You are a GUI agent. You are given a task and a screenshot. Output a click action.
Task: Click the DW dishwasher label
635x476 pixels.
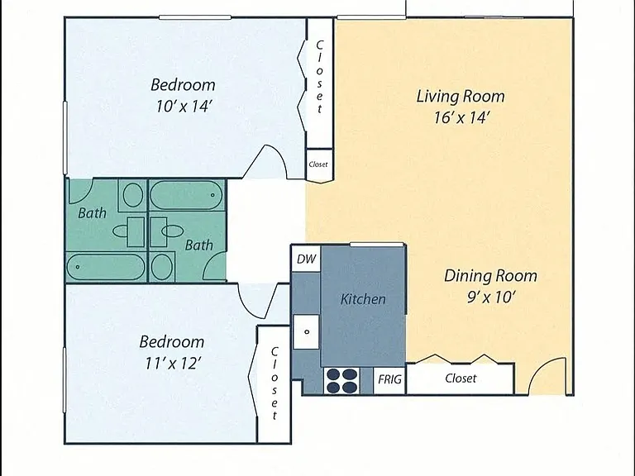tap(306, 259)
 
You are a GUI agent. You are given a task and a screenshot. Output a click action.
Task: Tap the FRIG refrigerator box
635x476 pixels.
tap(389, 379)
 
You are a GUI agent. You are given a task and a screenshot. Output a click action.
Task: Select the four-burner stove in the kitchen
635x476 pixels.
tap(342, 381)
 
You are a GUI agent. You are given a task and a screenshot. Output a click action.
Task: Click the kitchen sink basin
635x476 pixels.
tap(307, 332)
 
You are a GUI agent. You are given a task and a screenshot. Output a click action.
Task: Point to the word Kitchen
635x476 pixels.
tap(363, 299)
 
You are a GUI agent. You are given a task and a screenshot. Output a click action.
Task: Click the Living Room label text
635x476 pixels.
tap(461, 97)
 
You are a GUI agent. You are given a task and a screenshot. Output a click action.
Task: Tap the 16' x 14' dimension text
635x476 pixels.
tap(462, 118)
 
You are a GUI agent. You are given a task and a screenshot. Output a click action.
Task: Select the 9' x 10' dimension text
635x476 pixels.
tap(491, 297)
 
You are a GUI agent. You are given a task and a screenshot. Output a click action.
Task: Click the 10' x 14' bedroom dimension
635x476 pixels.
tap(184, 107)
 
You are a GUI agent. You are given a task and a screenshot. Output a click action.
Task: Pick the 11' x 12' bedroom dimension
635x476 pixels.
tap(174, 363)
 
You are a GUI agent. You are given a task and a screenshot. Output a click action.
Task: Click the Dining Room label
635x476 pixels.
tap(490, 276)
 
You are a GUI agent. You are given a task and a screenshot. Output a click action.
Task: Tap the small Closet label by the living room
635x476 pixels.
tap(317, 164)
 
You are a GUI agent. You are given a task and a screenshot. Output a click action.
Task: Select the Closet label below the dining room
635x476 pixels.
tap(461, 378)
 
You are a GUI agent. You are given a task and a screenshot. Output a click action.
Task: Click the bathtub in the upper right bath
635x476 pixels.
tap(186, 195)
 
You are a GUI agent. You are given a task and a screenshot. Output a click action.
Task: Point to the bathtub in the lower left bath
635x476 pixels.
tap(106, 267)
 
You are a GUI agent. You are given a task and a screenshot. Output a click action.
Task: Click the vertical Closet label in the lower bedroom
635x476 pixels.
tap(275, 383)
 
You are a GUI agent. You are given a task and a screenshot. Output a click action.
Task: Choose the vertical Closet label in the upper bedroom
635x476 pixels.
tap(319, 77)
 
